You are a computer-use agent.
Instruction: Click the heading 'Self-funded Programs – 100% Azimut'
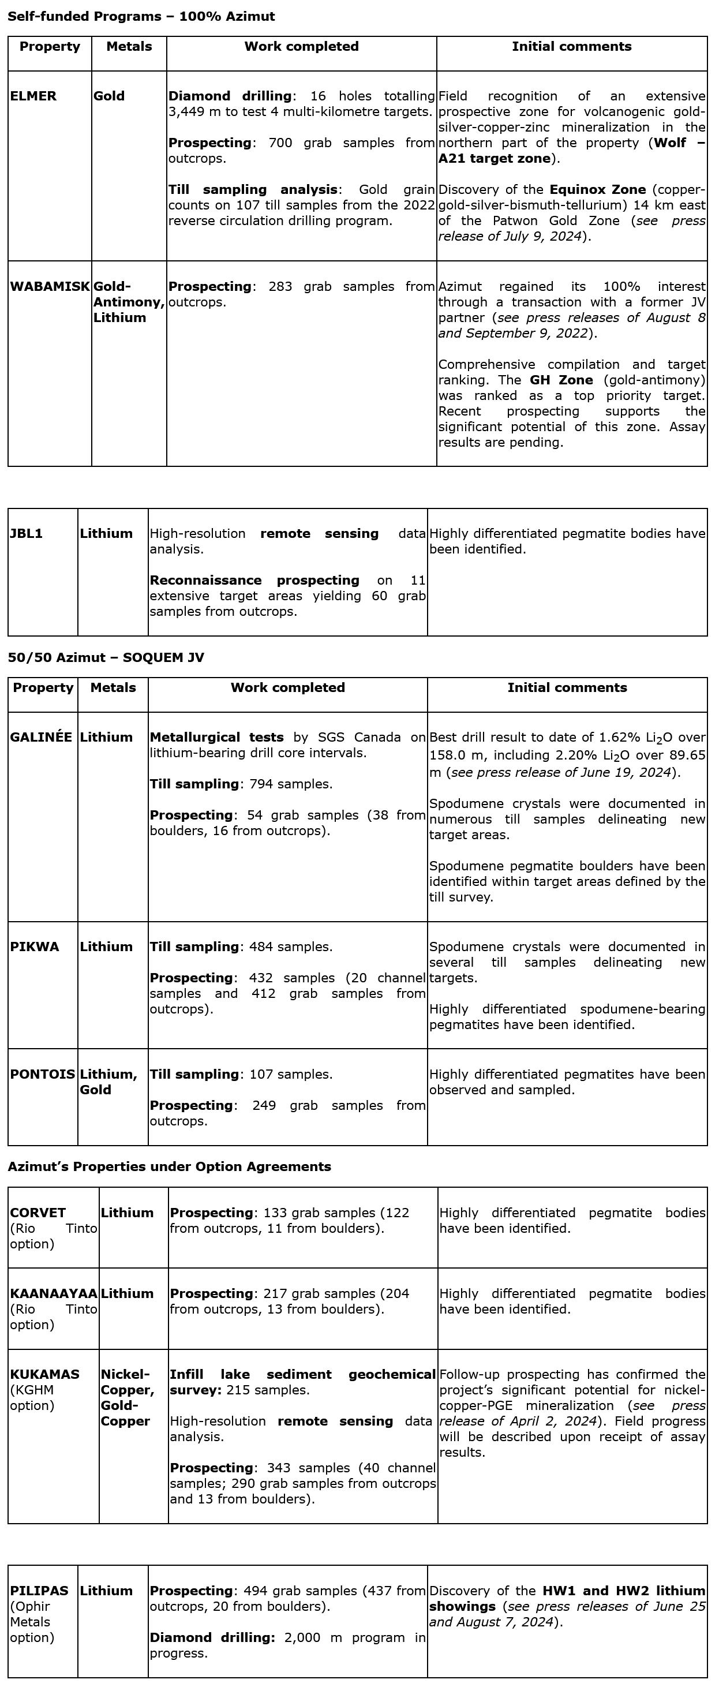pos(141,16)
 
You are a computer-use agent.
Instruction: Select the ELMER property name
pos(33,96)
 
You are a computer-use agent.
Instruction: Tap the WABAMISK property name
pos(50,286)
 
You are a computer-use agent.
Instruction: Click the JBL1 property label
pos(26,533)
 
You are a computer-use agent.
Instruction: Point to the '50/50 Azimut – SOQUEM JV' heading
pos(106,657)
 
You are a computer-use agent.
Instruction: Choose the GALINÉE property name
pos(40,737)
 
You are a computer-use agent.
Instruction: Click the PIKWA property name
pos(34,947)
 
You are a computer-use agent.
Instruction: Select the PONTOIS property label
pos(43,1074)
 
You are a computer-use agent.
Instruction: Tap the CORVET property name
pos(38,1212)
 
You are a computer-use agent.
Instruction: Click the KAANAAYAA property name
pos(54,1293)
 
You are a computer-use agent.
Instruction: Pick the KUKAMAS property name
pos(44,1374)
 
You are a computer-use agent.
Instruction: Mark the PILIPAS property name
pos(39,1590)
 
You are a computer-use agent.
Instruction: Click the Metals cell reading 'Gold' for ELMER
pos(108,96)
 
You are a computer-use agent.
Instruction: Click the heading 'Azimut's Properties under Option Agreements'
pos(170,1166)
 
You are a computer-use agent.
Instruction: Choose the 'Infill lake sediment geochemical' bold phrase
pos(302,1374)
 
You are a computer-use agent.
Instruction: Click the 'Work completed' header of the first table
pos(301,47)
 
